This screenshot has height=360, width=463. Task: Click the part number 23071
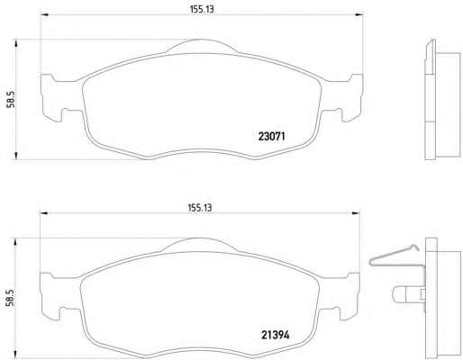coord(271,137)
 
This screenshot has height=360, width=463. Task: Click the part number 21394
coord(276,335)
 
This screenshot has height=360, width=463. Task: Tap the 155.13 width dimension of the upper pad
coord(202,9)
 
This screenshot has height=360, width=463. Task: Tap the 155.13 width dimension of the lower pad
coord(200,208)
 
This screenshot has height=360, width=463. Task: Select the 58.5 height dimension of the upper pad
coord(11,100)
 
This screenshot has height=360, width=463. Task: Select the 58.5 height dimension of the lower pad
coord(10,298)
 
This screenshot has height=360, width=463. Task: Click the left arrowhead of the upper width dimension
coord(44,14)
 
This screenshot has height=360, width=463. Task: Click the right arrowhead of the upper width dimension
coord(359,14)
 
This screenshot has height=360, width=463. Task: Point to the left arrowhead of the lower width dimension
coord(44,213)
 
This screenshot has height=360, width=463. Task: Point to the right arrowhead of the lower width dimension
coord(356,213)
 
